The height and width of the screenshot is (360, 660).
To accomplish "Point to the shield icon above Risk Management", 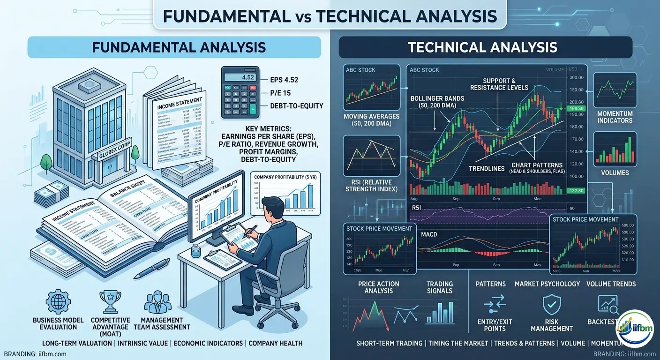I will tap(552, 304).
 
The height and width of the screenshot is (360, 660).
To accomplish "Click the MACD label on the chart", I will tap(429, 234).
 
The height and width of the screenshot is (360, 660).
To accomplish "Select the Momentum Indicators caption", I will tap(615, 117).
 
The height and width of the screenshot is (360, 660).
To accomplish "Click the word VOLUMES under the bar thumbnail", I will tap(615, 172).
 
